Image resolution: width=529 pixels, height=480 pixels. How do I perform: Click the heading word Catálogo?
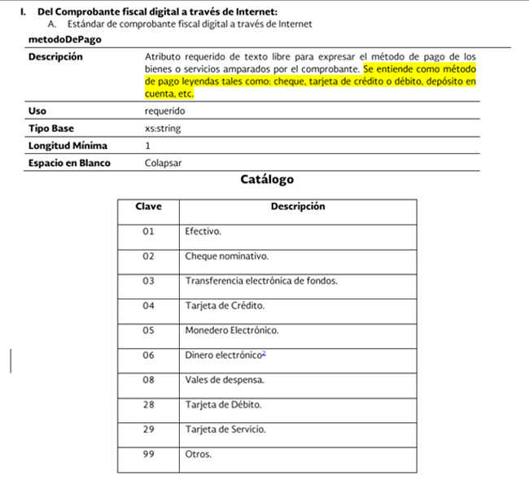point(267,179)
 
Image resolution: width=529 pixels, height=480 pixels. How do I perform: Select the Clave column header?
point(148,207)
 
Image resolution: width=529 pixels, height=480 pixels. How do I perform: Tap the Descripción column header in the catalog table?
point(297,207)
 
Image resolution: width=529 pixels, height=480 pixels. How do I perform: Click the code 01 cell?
point(148,232)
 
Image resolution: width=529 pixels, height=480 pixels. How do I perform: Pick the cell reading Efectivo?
point(203,232)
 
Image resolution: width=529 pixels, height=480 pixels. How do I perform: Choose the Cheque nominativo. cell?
point(226,256)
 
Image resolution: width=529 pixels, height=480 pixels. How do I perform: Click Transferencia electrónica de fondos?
point(260,281)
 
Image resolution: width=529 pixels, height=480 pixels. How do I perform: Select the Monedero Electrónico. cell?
point(231,331)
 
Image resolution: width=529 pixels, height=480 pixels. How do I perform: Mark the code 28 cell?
point(148,404)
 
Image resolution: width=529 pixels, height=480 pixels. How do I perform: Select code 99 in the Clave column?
point(148,454)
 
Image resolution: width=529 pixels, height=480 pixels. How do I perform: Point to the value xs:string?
point(163,129)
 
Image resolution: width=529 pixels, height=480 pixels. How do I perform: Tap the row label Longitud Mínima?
point(68,146)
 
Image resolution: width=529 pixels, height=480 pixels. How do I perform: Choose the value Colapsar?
point(164,163)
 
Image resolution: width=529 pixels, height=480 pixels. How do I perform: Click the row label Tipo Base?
point(51,129)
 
